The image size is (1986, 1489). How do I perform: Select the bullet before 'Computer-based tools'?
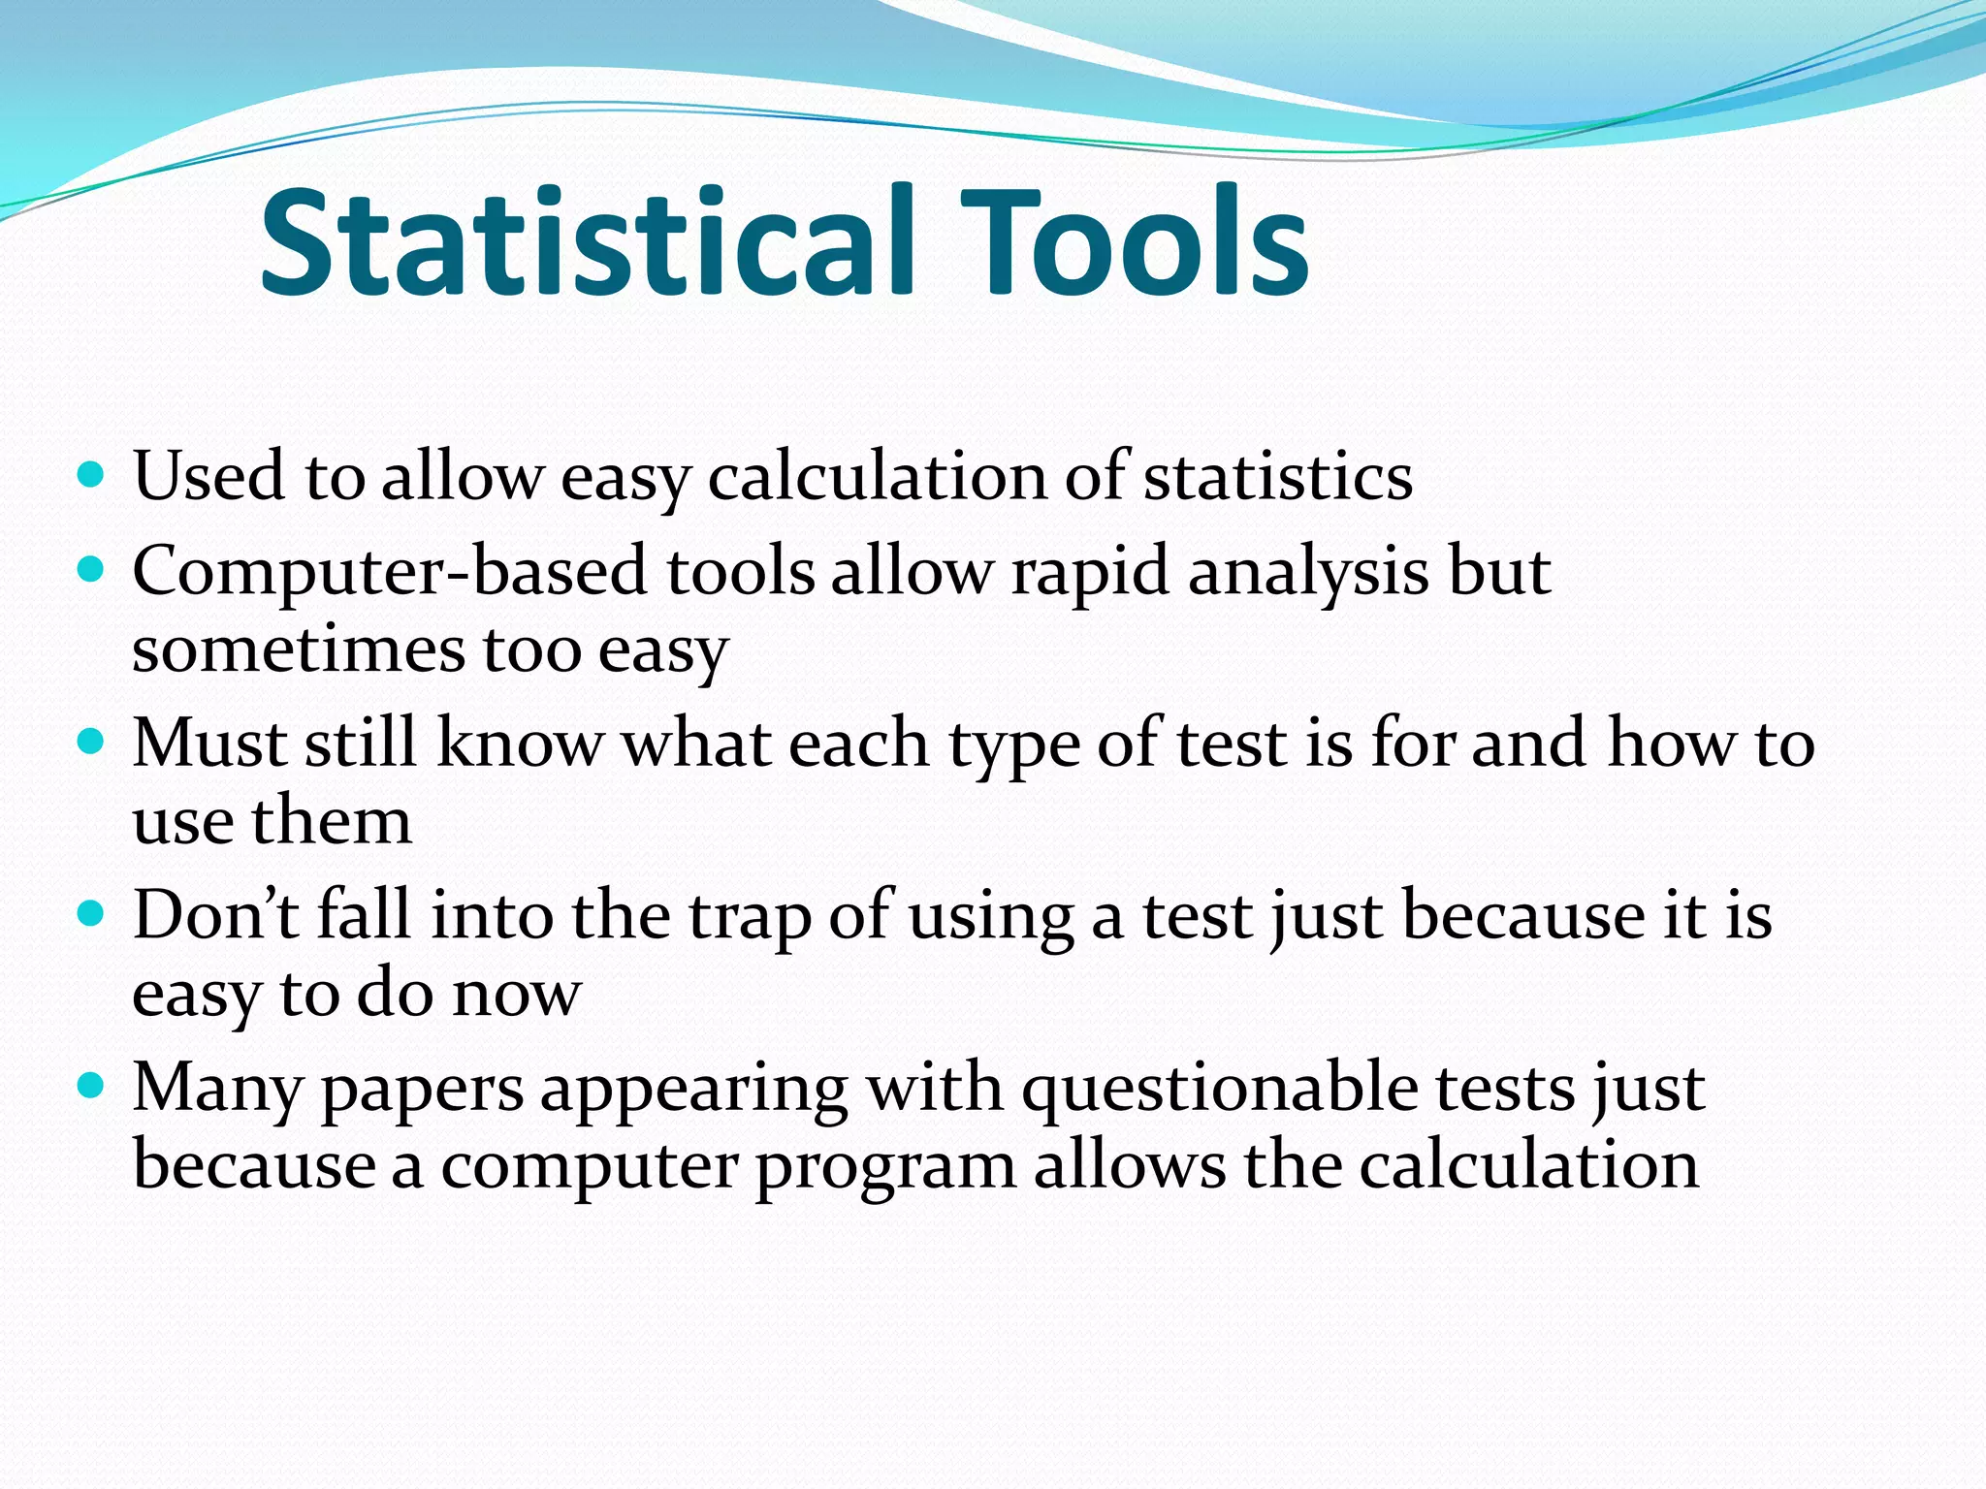(90, 569)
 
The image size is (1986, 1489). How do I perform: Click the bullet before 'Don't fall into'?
(90, 913)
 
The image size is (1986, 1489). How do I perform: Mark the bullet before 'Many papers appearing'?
(90, 1086)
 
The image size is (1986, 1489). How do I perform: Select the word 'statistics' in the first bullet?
(1277, 477)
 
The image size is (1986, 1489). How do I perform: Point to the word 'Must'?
(209, 744)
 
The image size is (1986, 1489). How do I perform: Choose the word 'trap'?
(750, 917)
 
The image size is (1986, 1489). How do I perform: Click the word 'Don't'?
(215, 915)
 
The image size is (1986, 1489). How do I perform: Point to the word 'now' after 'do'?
(517, 995)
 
